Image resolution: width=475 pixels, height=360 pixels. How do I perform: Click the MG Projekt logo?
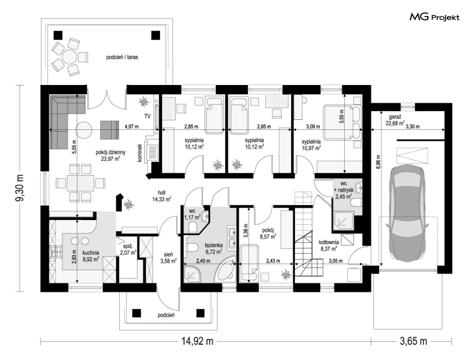click(434, 17)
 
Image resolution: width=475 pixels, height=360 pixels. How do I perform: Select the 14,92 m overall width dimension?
click(197, 341)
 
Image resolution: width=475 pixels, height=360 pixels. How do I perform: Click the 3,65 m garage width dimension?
click(413, 341)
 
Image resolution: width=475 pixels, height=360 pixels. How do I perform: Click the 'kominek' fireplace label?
click(140, 152)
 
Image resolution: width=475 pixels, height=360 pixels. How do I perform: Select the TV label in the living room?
click(148, 116)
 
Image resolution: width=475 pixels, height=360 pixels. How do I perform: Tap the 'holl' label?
click(161, 193)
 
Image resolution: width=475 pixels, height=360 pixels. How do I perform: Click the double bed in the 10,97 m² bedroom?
click(342, 122)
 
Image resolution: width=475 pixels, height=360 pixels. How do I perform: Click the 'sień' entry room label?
click(169, 254)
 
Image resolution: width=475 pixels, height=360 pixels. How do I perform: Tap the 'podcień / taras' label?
click(122, 57)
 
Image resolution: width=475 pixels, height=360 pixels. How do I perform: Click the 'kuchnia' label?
click(91, 253)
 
